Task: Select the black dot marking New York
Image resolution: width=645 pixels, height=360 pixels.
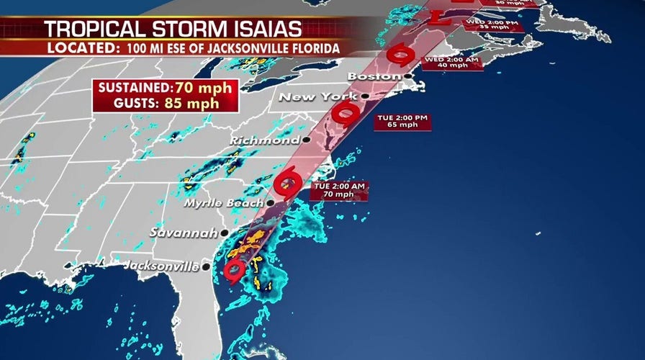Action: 366,96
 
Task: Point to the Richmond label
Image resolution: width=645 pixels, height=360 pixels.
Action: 266,140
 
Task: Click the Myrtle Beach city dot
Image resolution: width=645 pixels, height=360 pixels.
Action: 270,203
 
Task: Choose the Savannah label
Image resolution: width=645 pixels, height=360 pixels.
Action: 184,233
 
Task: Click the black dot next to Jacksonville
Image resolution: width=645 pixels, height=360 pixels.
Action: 206,266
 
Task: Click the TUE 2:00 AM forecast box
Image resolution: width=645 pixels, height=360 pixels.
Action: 339,191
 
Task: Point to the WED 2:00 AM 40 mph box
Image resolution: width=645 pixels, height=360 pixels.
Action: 449,62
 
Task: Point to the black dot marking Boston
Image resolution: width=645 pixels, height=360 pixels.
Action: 407,76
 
